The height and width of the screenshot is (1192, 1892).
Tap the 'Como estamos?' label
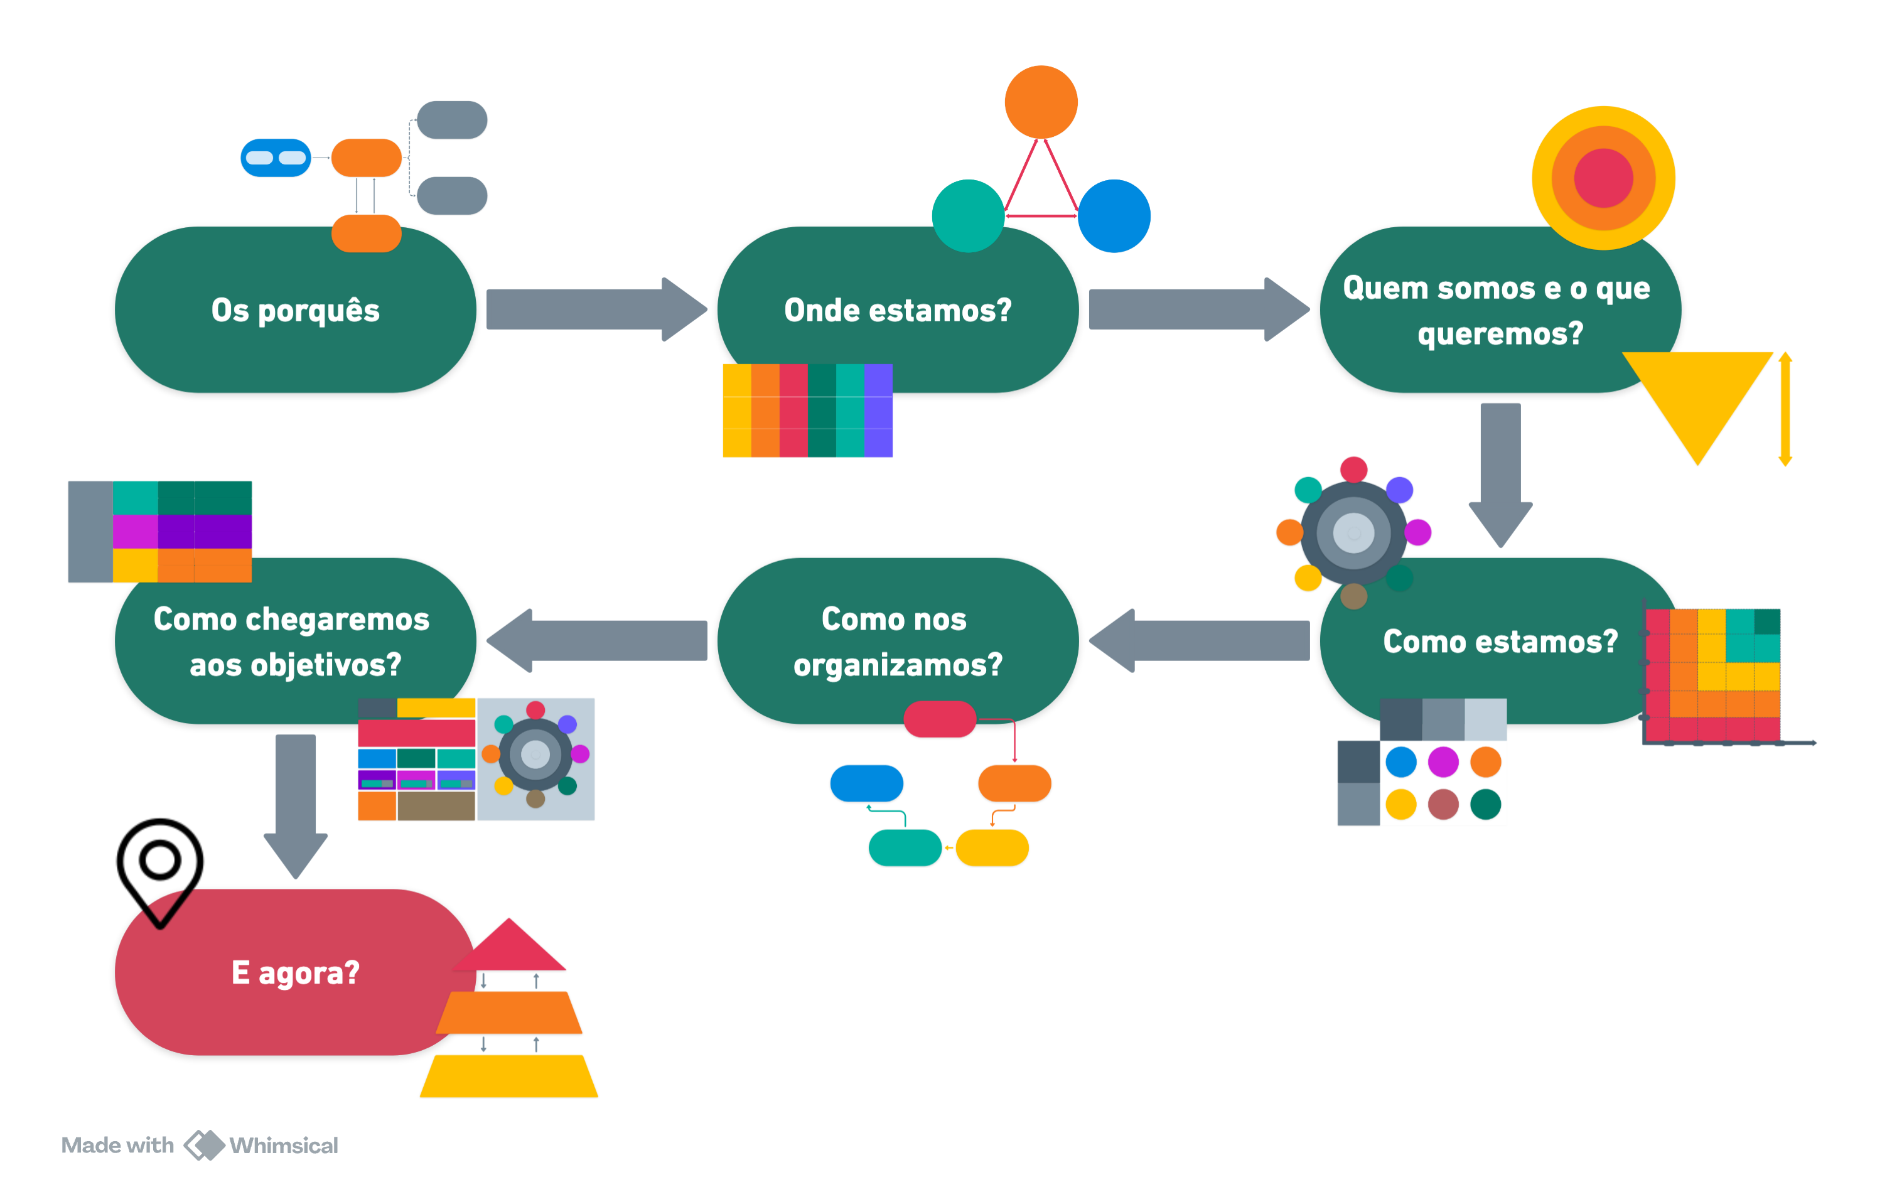[1500, 642]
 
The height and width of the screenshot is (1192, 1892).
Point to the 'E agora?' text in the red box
[296, 973]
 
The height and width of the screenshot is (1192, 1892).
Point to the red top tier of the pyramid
[509, 947]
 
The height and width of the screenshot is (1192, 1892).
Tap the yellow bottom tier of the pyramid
[509, 1077]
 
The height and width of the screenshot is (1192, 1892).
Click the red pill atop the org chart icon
[940, 719]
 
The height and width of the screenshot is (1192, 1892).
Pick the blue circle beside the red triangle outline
[1114, 215]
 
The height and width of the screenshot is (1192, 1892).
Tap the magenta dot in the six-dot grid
[1443, 761]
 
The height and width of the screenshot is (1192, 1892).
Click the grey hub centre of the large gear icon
[1353, 534]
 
